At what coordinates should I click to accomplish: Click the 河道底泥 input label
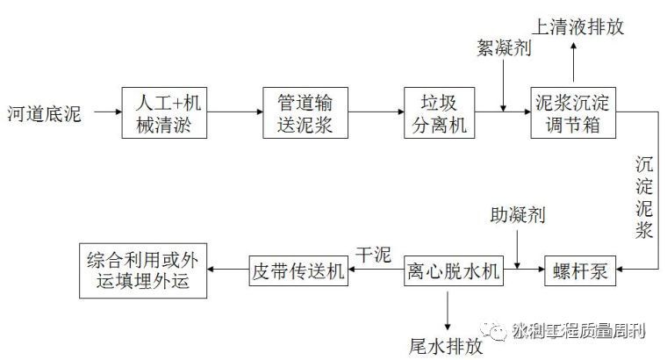43,113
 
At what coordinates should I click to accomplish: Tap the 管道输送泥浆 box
300,113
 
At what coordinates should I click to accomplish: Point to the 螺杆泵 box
578,270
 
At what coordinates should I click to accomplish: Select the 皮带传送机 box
298,270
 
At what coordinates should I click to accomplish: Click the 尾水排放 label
446,345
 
